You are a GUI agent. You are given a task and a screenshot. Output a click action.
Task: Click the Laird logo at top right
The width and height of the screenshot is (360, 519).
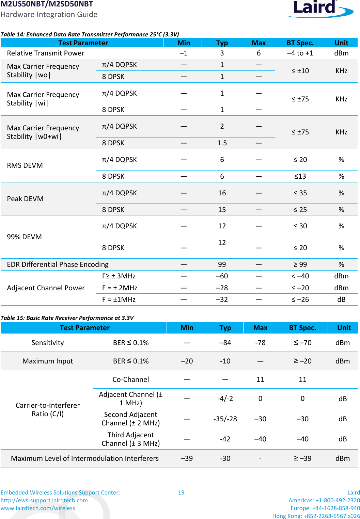click(x=320, y=9)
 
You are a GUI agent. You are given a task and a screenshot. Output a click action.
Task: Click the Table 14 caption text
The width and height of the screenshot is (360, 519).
click(x=90, y=34)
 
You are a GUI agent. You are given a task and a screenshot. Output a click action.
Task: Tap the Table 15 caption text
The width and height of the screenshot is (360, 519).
click(x=67, y=318)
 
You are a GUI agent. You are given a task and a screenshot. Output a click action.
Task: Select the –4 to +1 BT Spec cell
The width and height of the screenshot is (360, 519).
click(x=300, y=53)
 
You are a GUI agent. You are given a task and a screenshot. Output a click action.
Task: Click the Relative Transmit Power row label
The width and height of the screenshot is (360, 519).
click(x=46, y=53)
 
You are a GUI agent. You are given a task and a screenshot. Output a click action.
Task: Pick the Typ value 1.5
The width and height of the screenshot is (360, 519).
click(x=222, y=143)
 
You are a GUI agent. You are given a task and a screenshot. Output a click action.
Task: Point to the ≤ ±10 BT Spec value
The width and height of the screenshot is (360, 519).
click(x=300, y=71)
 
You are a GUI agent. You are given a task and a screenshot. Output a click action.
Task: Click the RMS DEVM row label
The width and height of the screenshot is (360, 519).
click(x=25, y=165)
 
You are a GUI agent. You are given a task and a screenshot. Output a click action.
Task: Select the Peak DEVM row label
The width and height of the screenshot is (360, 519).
click(x=25, y=199)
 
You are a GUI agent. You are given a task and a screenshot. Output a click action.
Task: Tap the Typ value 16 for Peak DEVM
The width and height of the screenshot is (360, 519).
click(x=222, y=193)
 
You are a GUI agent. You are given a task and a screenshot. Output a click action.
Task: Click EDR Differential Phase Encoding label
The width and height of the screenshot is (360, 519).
click(x=58, y=264)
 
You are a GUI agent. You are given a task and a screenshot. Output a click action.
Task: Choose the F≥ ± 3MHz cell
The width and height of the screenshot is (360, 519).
click(x=119, y=276)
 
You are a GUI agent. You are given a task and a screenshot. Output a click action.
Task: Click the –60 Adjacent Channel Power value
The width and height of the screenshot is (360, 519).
click(x=222, y=276)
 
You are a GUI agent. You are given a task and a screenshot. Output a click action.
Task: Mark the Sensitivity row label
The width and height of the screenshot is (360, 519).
click(x=48, y=343)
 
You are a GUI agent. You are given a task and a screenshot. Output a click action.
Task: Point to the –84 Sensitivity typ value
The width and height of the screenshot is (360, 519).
click(x=225, y=343)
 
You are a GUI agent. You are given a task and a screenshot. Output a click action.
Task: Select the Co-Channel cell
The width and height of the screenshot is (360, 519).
click(x=130, y=379)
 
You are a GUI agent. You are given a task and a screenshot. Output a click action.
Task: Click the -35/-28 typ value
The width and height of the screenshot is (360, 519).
click(x=225, y=419)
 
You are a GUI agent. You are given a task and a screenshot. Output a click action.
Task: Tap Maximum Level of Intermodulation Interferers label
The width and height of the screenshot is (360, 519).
click(x=85, y=458)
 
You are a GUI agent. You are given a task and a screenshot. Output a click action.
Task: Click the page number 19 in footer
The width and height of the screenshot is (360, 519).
click(x=181, y=492)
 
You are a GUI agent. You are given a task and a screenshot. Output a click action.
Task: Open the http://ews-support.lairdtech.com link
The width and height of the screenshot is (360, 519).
click(x=44, y=500)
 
